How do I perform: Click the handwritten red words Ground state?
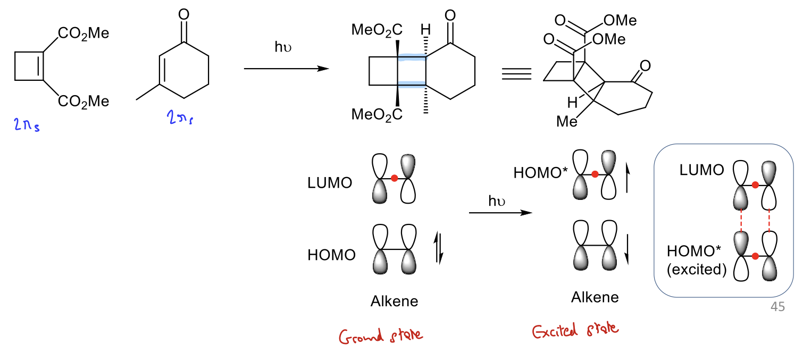[x=381, y=336]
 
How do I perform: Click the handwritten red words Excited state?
[x=575, y=330]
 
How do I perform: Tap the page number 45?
[x=777, y=307]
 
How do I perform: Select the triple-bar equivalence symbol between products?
[x=516, y=73]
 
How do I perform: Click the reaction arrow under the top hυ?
[x=287, y=69]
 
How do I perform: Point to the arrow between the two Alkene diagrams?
[x=500, y=213]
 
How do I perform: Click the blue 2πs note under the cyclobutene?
[x=27, y=124]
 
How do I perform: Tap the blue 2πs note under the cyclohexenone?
[x=180, y=117]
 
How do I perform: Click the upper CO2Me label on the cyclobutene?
[x=83, y=34]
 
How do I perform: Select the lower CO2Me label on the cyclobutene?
[x=83, y=102]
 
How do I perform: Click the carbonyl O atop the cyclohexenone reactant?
[x=184, y=14]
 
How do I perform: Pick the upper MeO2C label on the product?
[x=377, y=30]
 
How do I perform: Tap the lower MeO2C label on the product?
[x=377, y=115]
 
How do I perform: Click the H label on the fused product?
[x=425, y=29]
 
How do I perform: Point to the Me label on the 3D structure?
[x=567, y=122]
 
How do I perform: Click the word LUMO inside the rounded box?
[x=701, y=170]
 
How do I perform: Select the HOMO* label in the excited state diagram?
[x=541, y=173]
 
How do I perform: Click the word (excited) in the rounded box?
[x=697, y=269]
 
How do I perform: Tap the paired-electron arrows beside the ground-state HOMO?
[x=439, y=248]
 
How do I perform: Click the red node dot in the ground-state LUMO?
[x=395, y=178]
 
